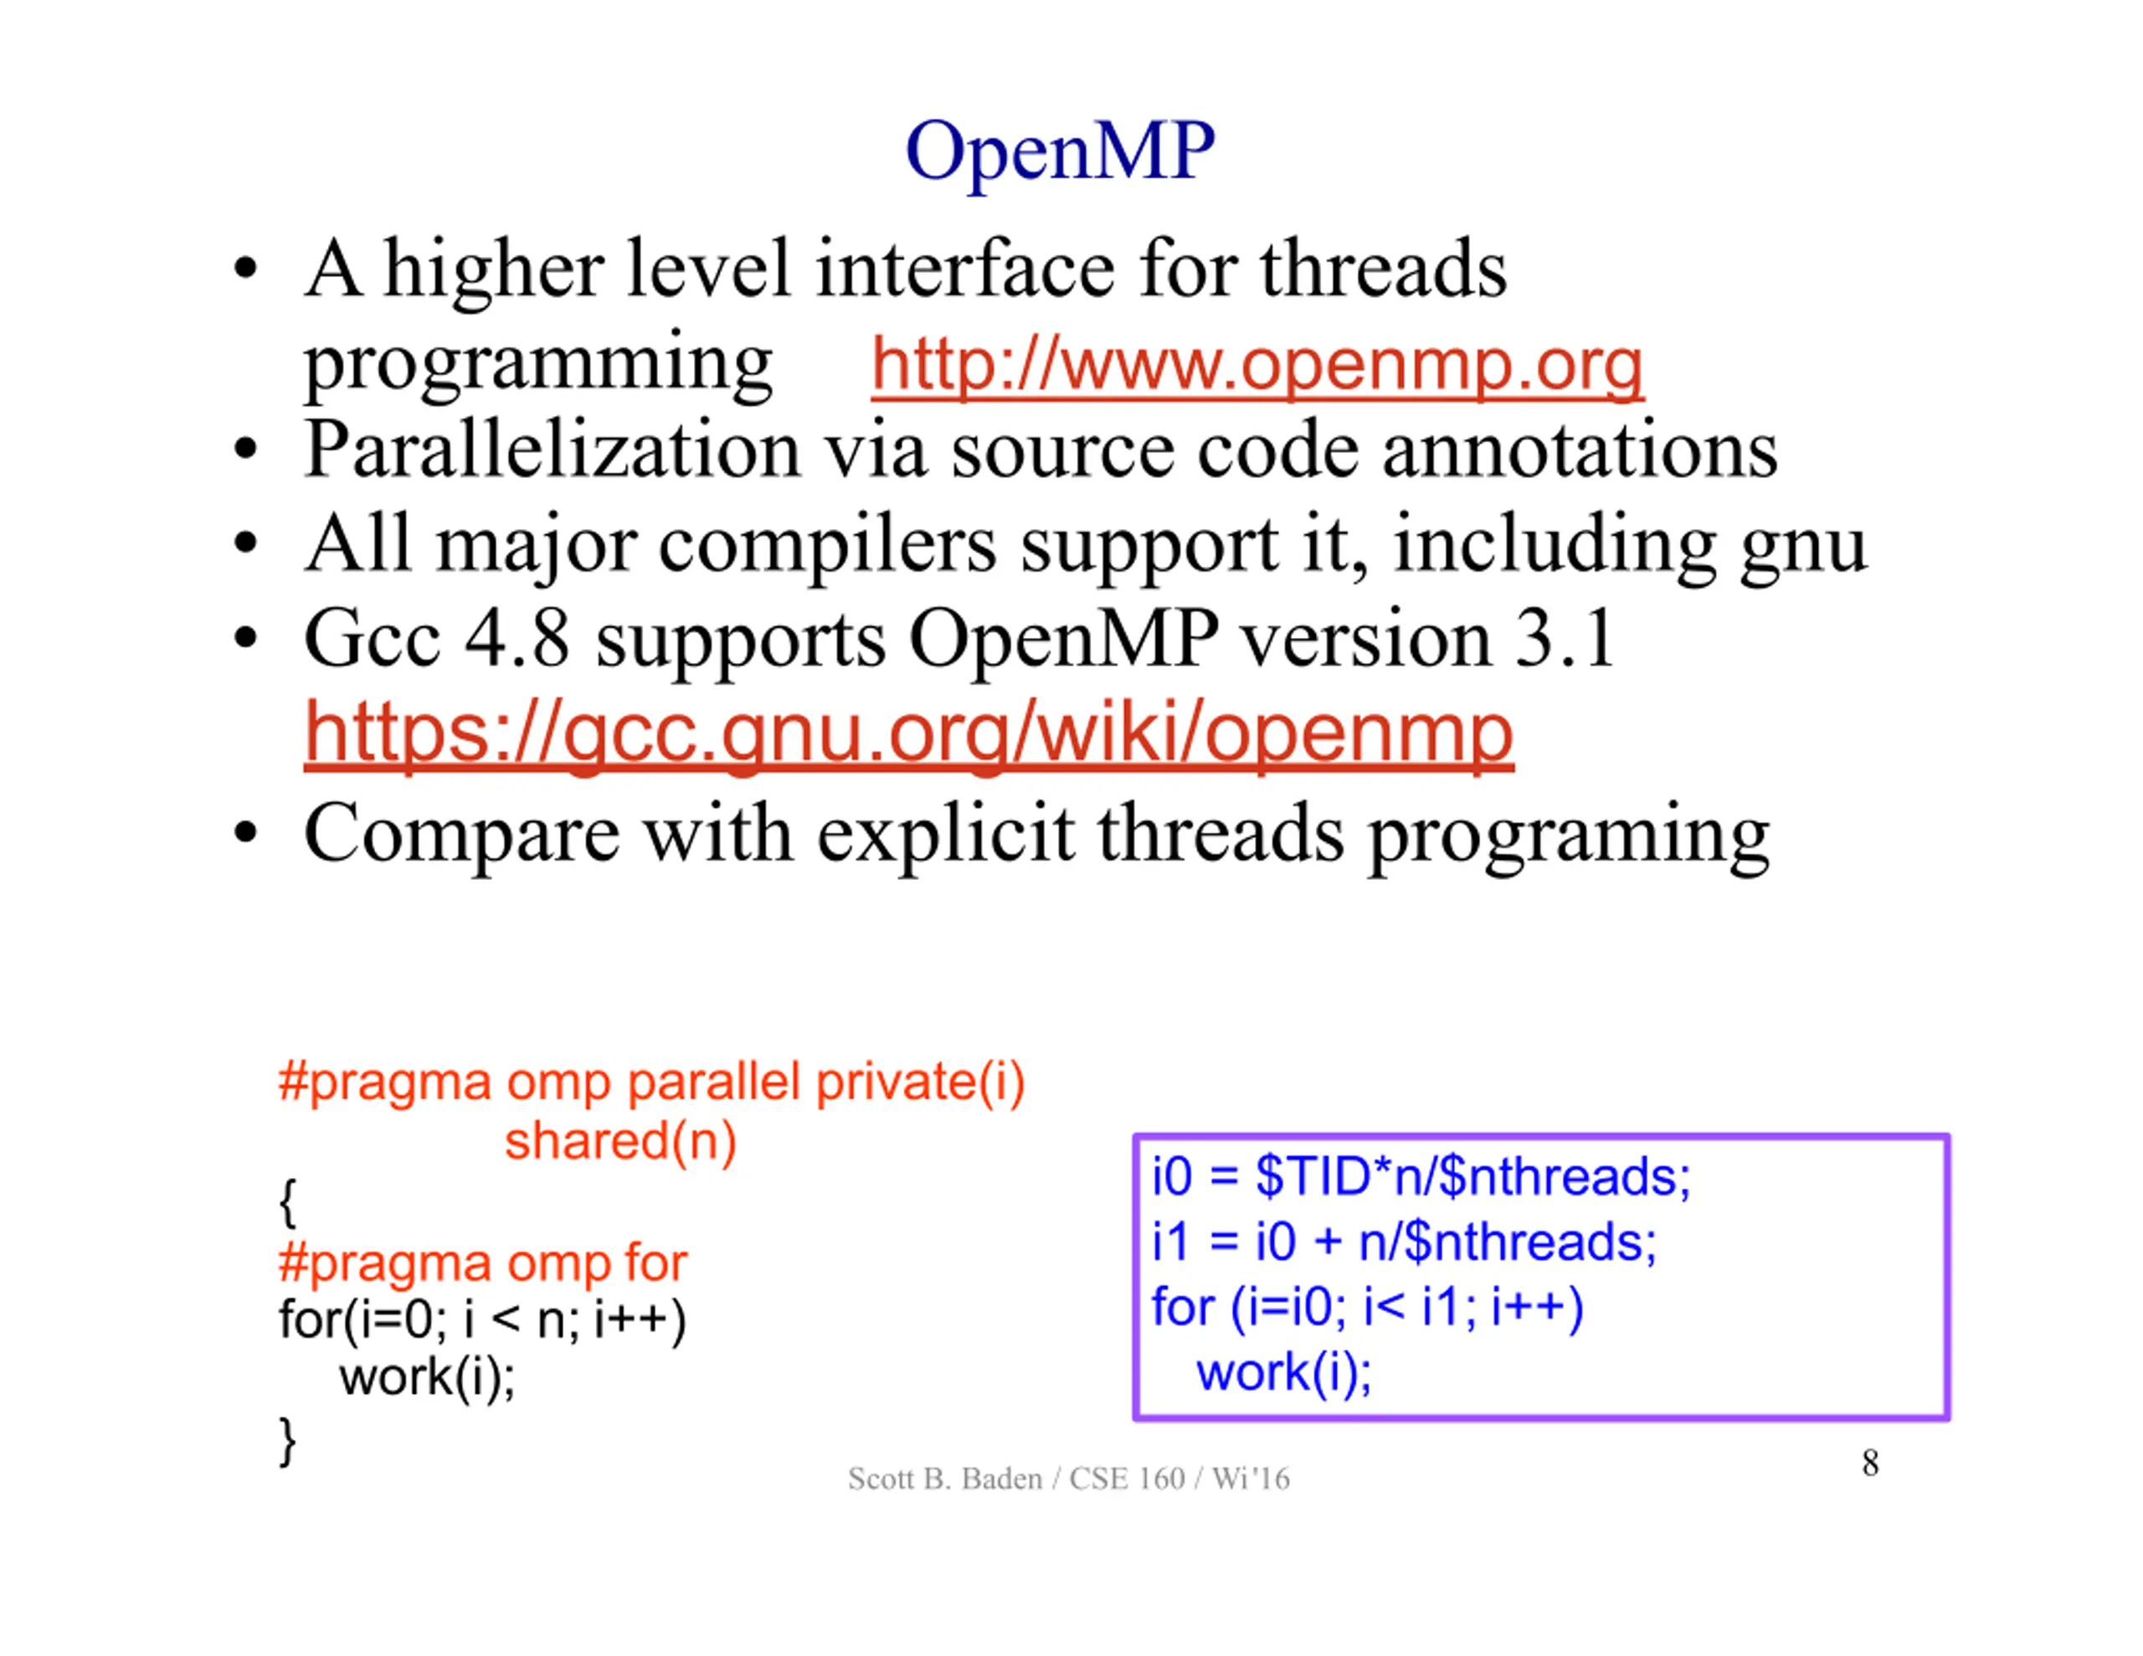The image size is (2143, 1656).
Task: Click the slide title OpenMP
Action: coord(1060,155)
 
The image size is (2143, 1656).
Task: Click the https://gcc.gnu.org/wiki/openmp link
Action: coord(908,734)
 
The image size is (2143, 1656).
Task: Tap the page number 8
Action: coord(1870,1463)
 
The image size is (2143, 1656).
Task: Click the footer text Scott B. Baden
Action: coord(945,1479)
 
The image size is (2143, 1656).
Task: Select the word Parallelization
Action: coord(552,450)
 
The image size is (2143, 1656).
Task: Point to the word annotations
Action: coord(1580,451)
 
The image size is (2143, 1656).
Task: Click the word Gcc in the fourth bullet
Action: coord(372,639)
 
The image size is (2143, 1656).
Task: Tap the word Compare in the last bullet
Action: coord(461,836)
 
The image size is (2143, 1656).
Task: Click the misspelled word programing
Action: coord(1569,836)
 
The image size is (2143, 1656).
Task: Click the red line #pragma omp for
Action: coord(483,1263)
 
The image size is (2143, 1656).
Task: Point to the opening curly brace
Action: coord(287,1202)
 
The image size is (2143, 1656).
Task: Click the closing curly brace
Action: coord(287,1441)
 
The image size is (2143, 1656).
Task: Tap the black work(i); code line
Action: coord(427,1376)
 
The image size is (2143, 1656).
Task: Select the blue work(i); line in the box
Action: coord(1283,1371)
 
